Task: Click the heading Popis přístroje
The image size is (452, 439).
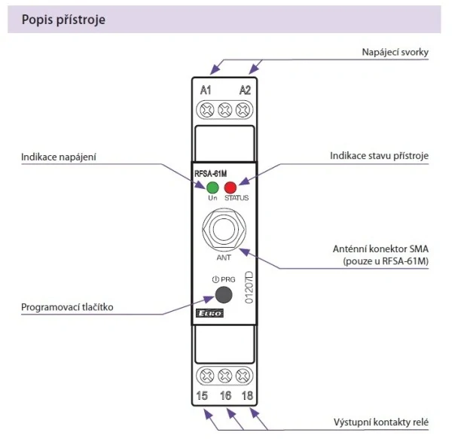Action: click(x=63, y=20)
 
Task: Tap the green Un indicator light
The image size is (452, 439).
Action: click(x=212, y=187)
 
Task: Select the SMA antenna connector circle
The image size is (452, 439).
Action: click(x=224, y=228)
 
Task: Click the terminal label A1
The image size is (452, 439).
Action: click(x=206, y=91)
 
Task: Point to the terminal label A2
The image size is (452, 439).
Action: click(x=245, y=91)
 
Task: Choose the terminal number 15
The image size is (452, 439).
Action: click(x=202, y=395)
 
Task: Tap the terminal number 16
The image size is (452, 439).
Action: click(x=224, y=395)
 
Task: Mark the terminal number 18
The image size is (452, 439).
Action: click(x=246, y=395)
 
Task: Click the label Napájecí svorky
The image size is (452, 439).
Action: click(x=395, y=53)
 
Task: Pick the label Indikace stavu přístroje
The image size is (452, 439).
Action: click(x=379, y=157)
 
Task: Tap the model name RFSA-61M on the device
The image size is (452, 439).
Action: click(x=211, y=173)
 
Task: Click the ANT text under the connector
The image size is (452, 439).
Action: click(x=223, y=258)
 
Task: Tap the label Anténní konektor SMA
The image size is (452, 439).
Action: click(x=380, y=248)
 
